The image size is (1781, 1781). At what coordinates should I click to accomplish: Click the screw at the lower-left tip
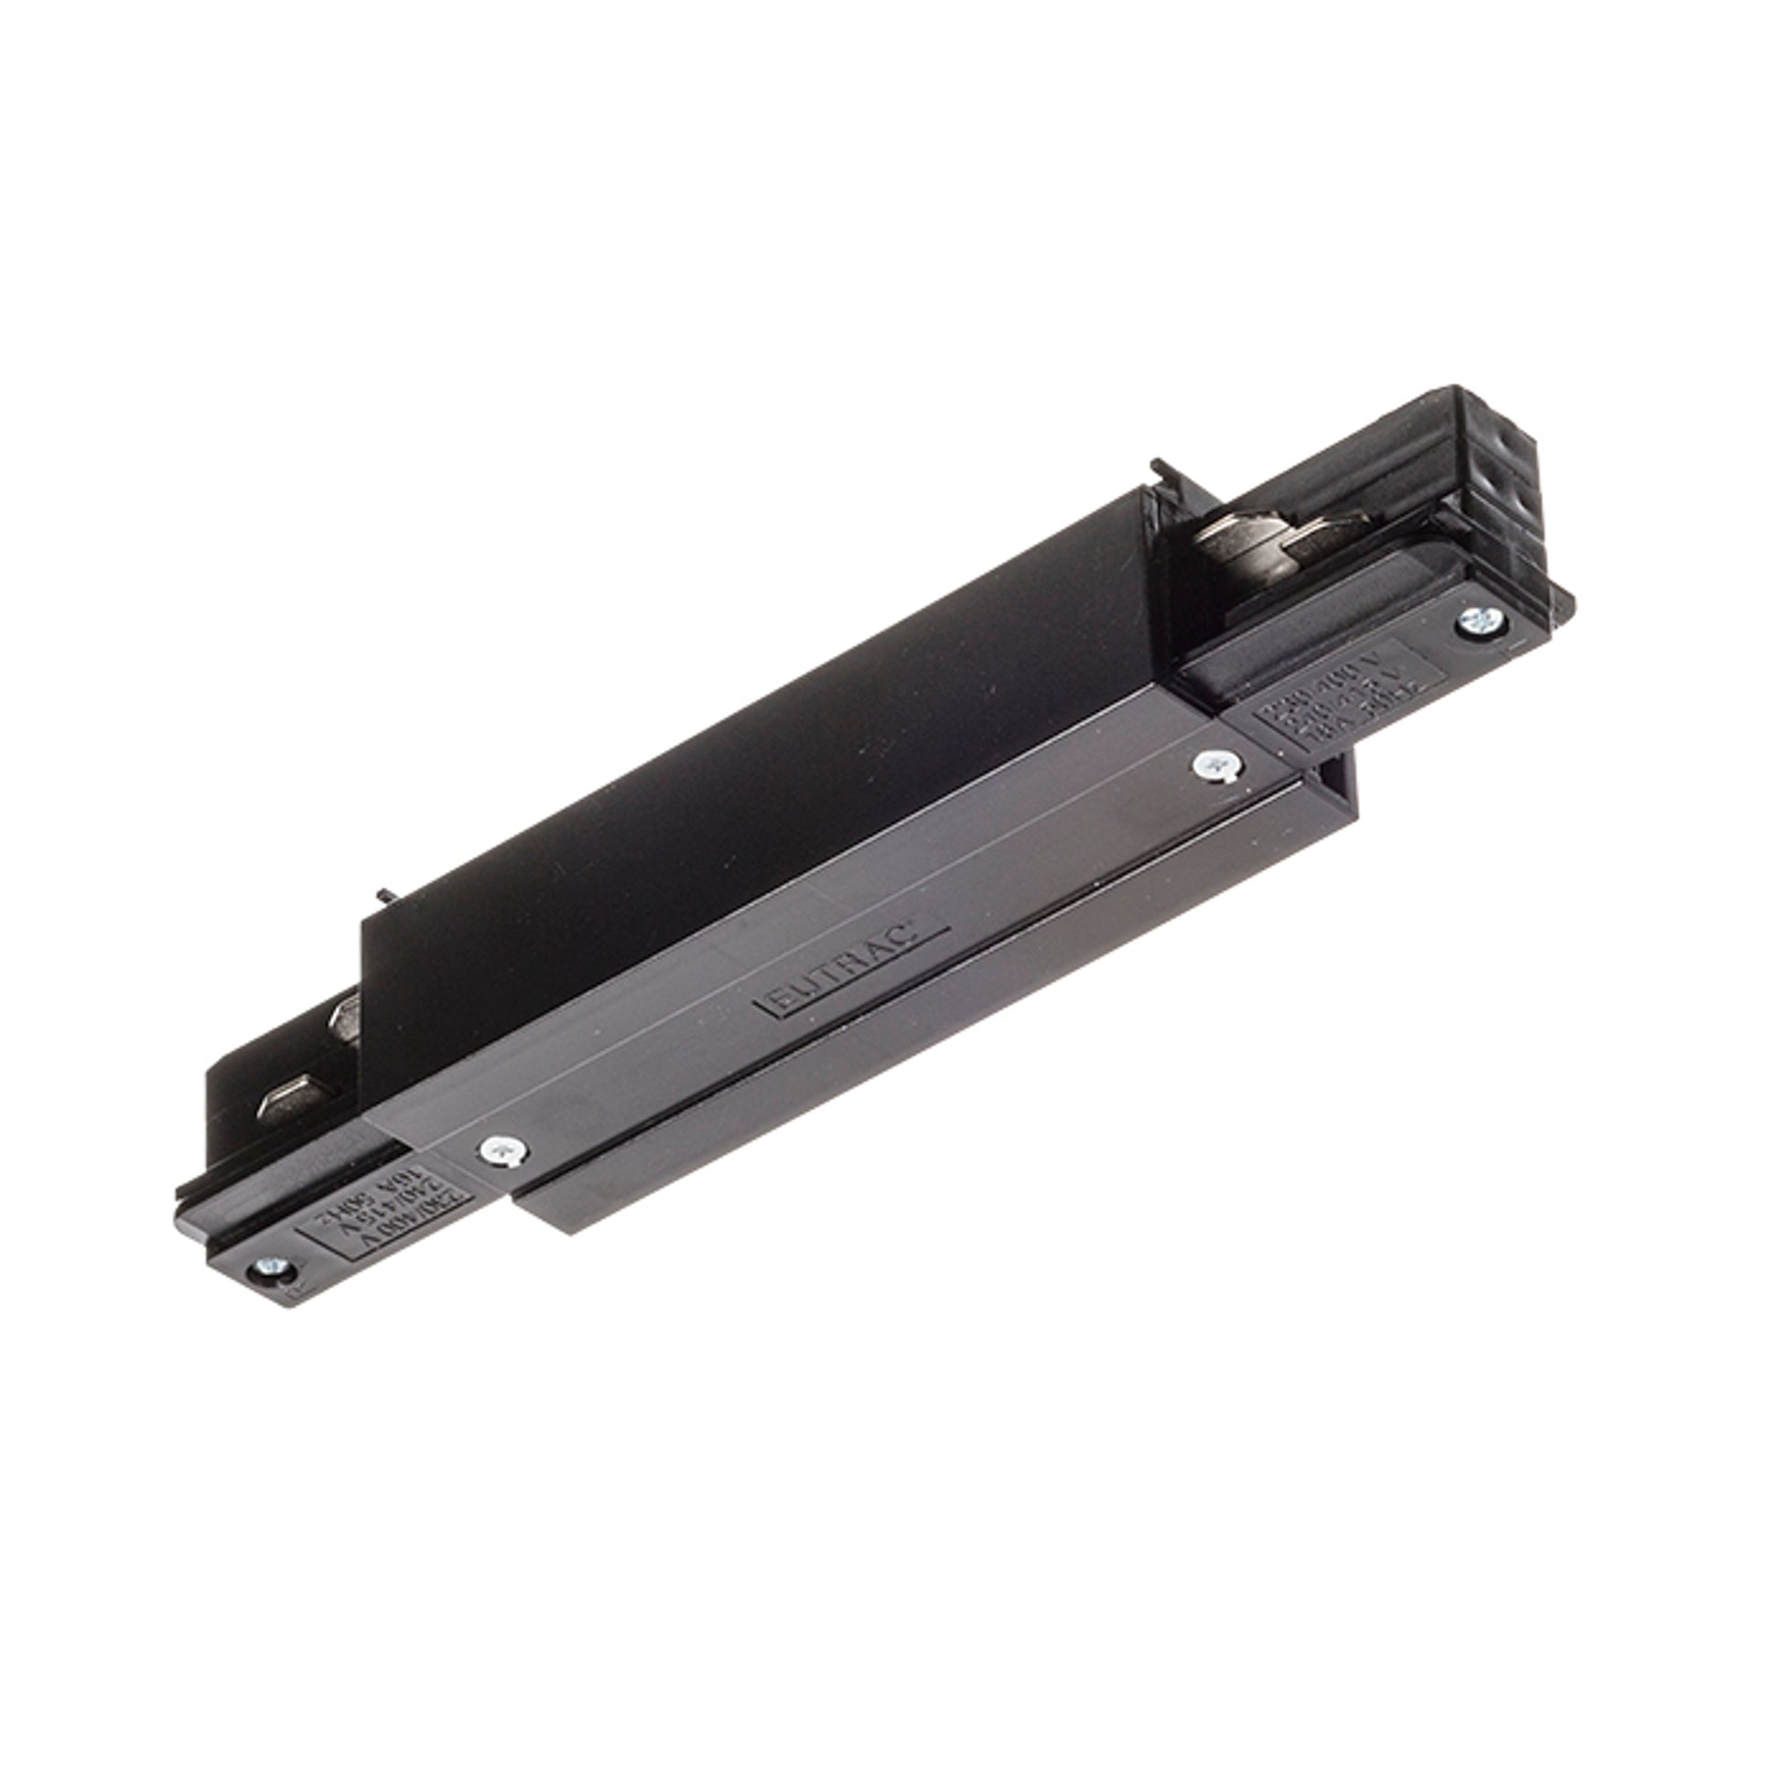point(273,1269)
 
